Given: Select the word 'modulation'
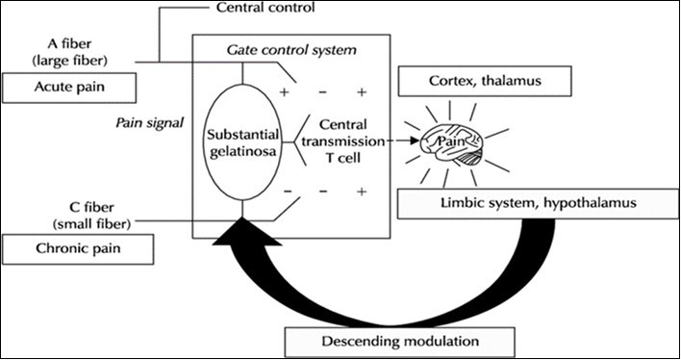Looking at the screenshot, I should [x=433, y=340].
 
